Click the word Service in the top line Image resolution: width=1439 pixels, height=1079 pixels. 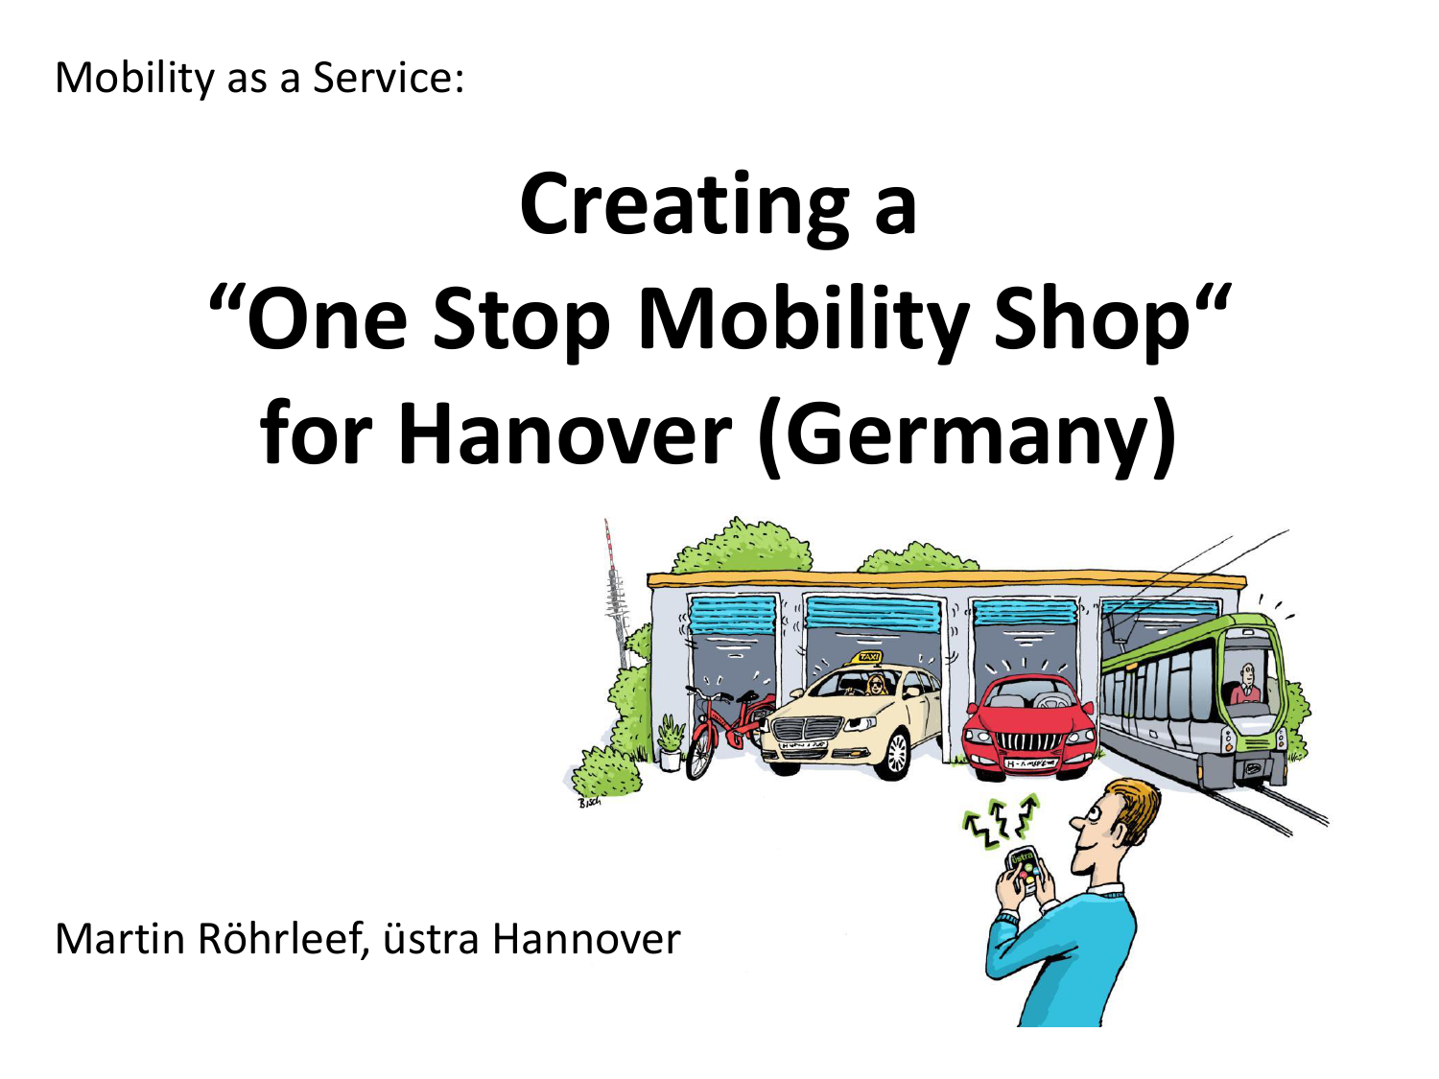388,78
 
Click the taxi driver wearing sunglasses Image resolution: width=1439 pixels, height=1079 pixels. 876,686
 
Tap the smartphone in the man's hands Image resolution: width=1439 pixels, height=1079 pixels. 1024,871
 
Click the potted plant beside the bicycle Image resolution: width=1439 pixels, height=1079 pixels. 669,743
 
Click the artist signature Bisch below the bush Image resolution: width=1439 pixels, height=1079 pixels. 589,803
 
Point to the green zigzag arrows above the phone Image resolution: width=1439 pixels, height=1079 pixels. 1001,822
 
